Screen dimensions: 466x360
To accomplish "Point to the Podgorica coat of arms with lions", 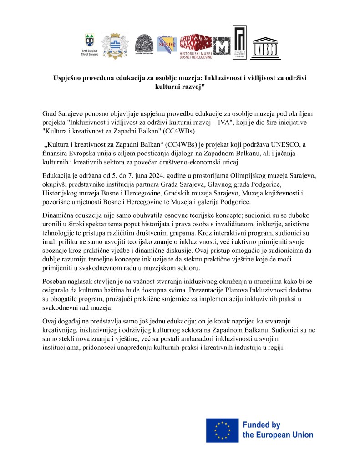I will [x=114, y=46].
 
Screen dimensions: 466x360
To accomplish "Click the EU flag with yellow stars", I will [x=222, y=430].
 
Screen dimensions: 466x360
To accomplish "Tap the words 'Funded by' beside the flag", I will [x=261, y=425].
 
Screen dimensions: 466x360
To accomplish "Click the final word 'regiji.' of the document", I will [x=274, y=348].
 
